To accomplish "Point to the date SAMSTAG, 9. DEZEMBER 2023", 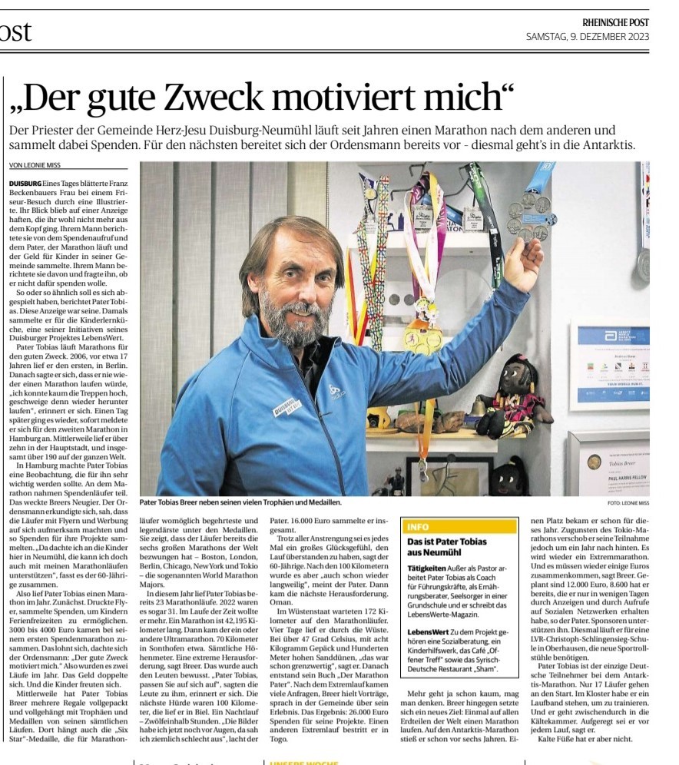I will pyautogui.click(x=588, y=36).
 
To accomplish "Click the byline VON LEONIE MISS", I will pyautogui.click(x=35, y=165).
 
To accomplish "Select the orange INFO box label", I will pyautogui.click(x=419, y=527).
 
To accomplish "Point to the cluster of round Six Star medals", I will pyautogui.click(x=528, y=216).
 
